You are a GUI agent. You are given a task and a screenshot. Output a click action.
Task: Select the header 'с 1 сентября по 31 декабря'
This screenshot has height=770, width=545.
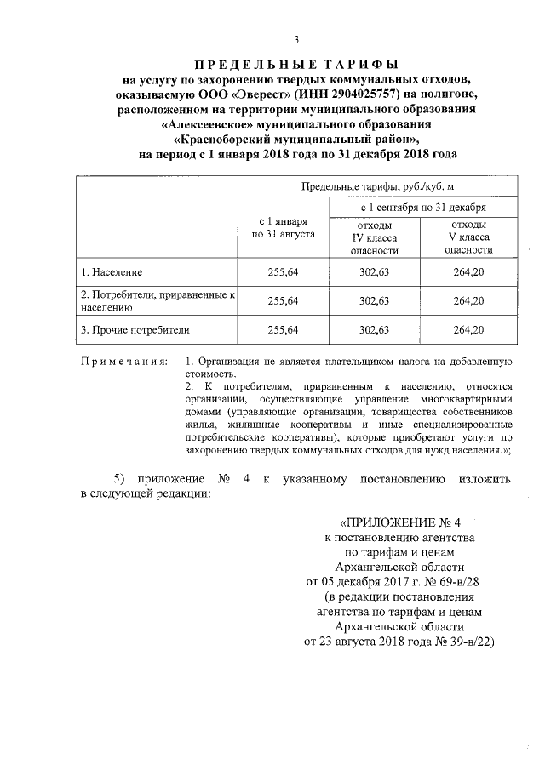pyautogui.click(x=423, y=207)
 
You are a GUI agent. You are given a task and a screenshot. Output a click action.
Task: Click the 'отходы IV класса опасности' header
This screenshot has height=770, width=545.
pyautogui.click(x=375, y=237)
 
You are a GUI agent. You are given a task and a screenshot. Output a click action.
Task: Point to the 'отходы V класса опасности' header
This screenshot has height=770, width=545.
pyautogui.click(x=468, y=237)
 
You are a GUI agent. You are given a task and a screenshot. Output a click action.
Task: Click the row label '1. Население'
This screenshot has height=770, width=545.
pyautogui.click(x=112, y=272)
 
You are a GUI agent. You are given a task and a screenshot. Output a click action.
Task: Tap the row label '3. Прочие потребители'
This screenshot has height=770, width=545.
pyautogui.click(x=135, y=328)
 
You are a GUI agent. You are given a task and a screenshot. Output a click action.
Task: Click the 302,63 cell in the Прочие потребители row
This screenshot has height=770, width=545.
pyautogui.click(x=375, y=328)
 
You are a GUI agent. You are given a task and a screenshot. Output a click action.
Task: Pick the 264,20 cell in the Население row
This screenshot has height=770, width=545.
pyautogui.click(x=468, y=272)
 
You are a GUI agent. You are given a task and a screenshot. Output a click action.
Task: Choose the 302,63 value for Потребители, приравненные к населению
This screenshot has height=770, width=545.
pyautogui.click(x=375, y=300)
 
